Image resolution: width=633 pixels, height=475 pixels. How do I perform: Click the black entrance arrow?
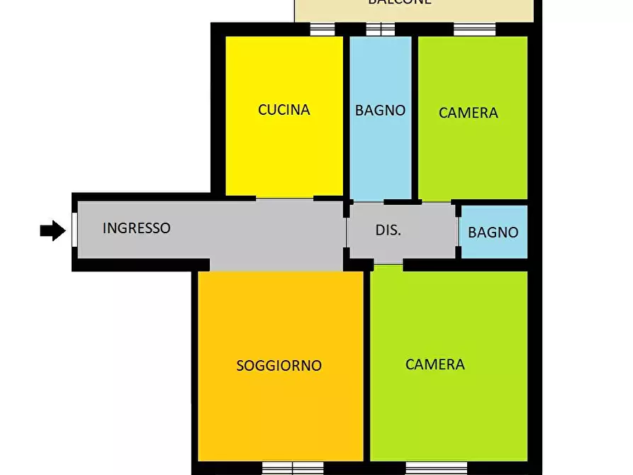point(52,230)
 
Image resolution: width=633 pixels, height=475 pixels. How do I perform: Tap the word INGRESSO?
point(136,228)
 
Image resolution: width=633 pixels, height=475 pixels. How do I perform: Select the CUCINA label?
point(284,110)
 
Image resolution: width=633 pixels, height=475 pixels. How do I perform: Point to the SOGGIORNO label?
point(279,366)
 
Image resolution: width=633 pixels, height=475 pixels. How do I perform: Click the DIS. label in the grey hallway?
point(388,230)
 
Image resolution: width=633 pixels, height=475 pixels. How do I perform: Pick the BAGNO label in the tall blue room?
point(381,110)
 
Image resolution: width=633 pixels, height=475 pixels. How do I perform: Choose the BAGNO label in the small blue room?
point(493,232)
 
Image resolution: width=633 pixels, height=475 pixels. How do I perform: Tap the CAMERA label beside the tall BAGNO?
point(468,113)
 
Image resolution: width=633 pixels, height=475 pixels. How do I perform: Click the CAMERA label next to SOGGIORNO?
point(435,364)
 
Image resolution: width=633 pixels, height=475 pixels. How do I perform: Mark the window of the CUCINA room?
point(323,29)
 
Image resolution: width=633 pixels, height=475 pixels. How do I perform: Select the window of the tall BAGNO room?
point(381,29)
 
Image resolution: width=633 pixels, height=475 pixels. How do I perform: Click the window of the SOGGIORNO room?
point(292,468)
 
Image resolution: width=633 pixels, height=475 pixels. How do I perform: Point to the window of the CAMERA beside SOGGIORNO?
point(436,468)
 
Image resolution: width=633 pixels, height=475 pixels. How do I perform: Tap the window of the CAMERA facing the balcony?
point(474,29)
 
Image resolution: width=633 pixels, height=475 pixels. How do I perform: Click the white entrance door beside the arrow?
point(74,230)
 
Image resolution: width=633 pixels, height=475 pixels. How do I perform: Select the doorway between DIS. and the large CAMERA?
point(388,265)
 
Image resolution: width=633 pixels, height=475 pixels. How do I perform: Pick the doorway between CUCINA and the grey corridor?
point(284,199)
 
